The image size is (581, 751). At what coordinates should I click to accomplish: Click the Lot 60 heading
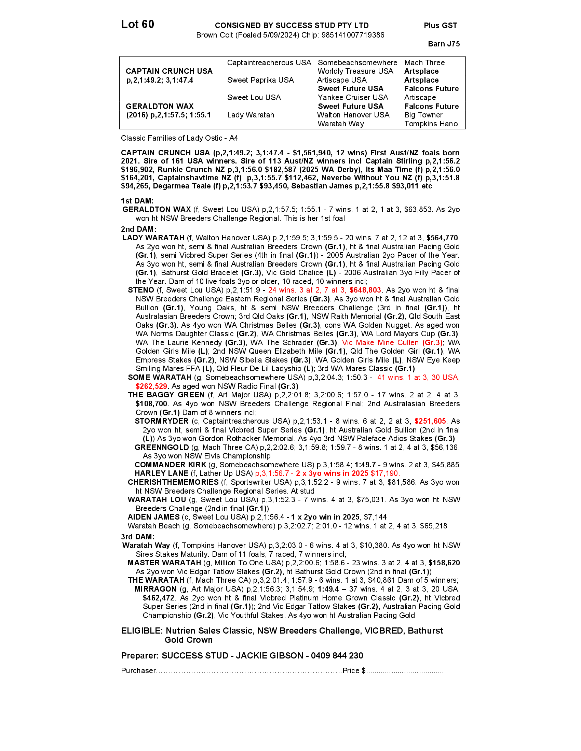click(137, 25)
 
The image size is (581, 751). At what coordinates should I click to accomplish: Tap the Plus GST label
click(441, 26)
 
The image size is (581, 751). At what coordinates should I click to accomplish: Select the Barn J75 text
click(444, 44)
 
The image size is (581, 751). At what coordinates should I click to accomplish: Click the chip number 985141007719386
click(353, 35)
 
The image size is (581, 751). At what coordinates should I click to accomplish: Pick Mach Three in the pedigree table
click(424, 62)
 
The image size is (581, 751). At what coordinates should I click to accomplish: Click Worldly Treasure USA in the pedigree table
click(355, 71)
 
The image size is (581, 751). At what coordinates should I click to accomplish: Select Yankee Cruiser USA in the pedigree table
click(353, 97)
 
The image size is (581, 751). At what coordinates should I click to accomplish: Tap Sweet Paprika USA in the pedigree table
click(260, 80)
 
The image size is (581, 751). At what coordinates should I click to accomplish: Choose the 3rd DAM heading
click(138, 537)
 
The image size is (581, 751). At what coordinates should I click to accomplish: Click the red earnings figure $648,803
click(365, 290)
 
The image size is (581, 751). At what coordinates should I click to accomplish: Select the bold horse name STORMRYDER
click(161, 421)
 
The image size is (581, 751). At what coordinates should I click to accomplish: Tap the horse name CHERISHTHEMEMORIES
click(173, 482)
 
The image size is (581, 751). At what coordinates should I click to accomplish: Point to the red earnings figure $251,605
click(430, 421)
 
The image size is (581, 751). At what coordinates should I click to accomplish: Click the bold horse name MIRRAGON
click(156, 589)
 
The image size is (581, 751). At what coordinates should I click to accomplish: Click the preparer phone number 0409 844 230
click(337, 656)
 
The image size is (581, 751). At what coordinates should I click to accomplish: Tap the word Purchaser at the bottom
click(138, 670)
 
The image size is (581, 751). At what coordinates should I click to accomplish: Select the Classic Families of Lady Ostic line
click(179, 138)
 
